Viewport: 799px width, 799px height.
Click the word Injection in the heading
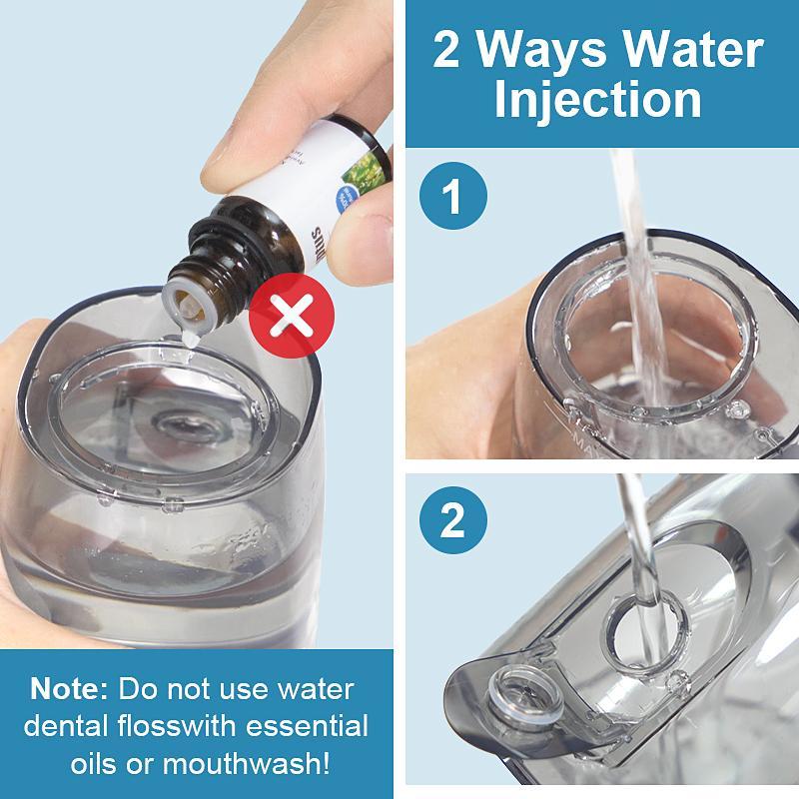(597, 100)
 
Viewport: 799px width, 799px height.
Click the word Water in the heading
(705, 50)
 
